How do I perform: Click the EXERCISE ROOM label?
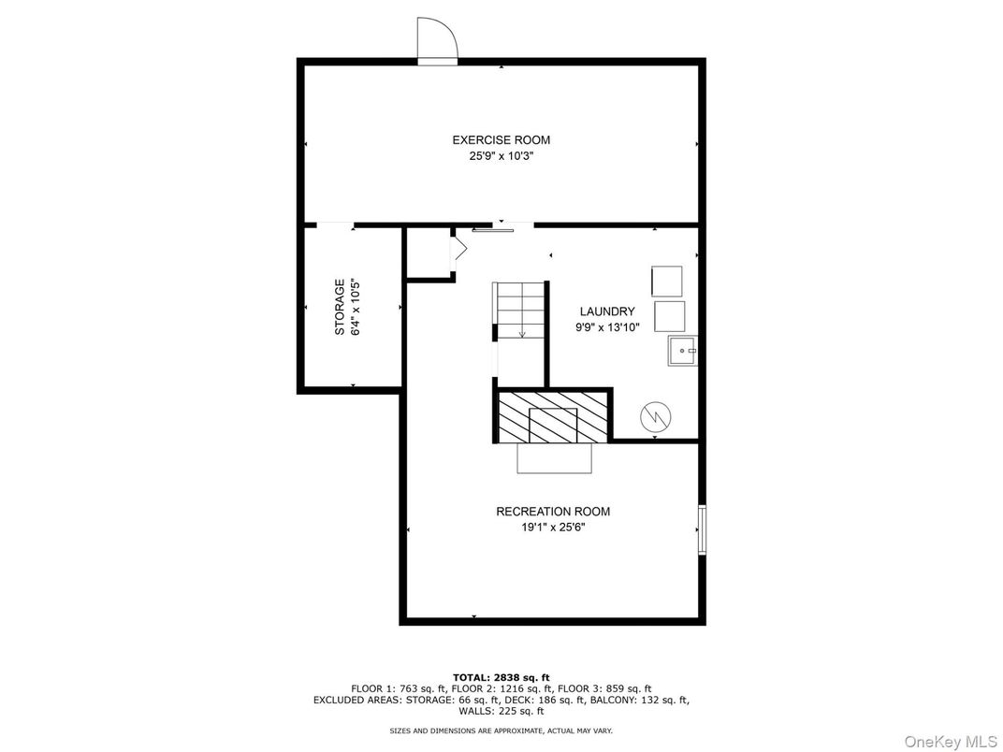501,140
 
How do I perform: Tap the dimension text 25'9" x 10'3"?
501,156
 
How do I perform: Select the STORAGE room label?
340,307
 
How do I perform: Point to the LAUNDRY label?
607,311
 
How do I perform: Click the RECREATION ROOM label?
553,512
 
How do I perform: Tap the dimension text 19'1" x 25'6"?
553,528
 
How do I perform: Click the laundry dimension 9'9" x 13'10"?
607,327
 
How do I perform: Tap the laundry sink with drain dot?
683,351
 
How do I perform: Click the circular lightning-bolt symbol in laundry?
656,417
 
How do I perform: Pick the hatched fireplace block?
553,417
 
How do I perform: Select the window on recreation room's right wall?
702,529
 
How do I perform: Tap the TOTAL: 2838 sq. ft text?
501,677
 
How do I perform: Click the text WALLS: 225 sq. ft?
501,711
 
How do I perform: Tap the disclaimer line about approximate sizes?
501,730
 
